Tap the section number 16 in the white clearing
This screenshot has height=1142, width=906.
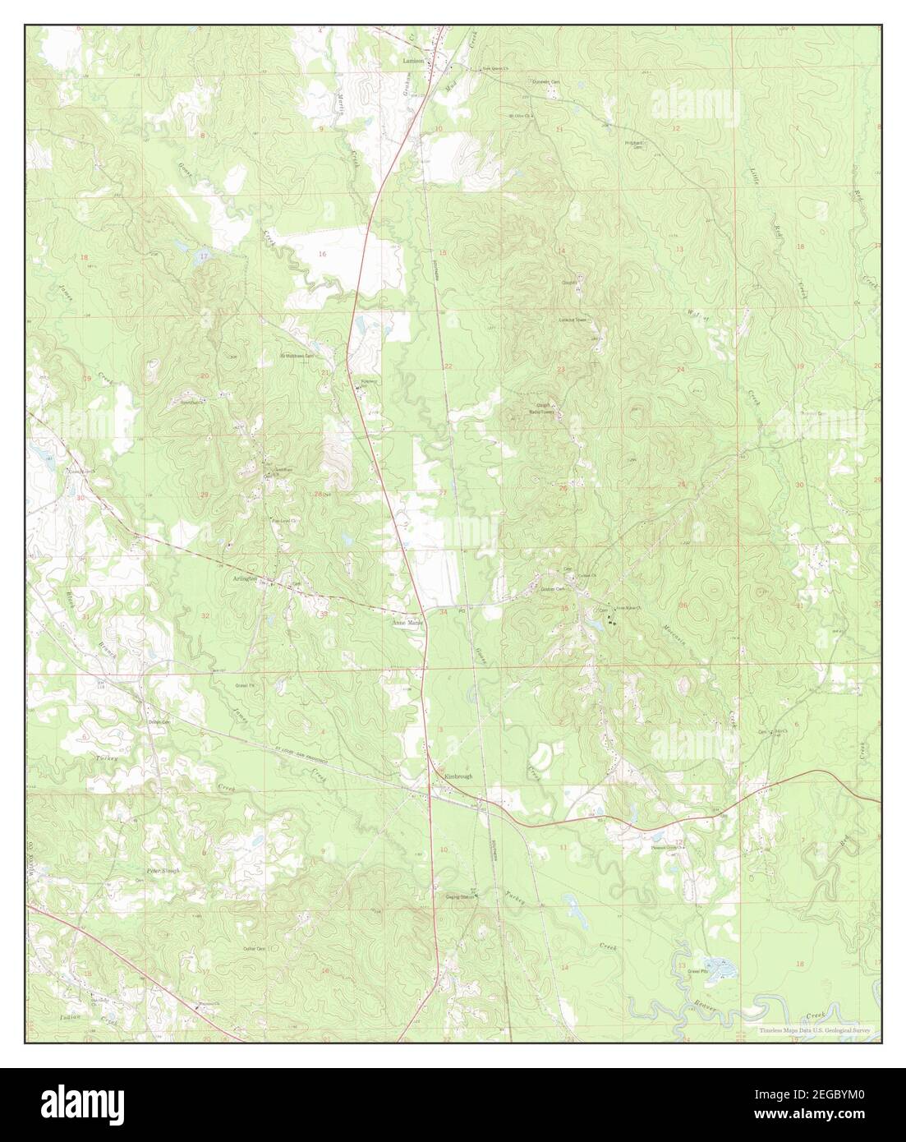point(322,255)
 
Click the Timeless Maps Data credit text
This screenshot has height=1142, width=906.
point(812,1029)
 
